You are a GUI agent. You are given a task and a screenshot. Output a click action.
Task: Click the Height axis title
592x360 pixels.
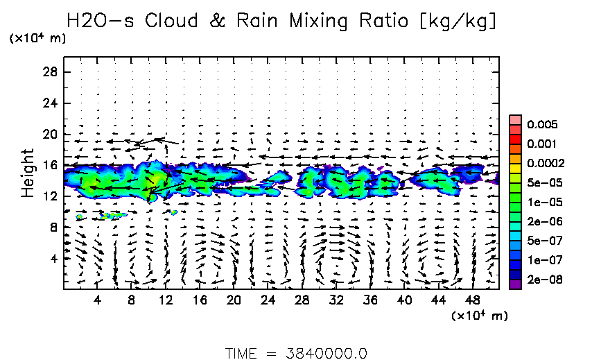click(28, 173)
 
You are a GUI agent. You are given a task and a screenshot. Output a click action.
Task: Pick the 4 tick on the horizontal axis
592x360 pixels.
click(98, 300)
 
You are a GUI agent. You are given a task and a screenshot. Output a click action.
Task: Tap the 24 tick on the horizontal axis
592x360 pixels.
click(268, 300)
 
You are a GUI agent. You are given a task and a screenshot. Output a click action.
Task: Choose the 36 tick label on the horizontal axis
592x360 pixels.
click(369, 300)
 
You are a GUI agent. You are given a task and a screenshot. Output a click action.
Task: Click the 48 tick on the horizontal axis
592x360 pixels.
click(472, 300)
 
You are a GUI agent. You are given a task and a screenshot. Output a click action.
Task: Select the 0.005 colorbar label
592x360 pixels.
click(538, 125)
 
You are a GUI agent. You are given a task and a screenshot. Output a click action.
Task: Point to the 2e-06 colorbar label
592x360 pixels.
click(538, 221)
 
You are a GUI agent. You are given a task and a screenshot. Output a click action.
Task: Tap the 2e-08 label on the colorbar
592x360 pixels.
click(538, 280)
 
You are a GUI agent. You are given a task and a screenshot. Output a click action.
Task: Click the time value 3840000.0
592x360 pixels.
click(327, 352)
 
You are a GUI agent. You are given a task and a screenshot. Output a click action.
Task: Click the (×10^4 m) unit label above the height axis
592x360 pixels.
click(37, 39)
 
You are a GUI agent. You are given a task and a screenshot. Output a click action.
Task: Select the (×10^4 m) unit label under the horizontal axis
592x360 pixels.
click(480, 316)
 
